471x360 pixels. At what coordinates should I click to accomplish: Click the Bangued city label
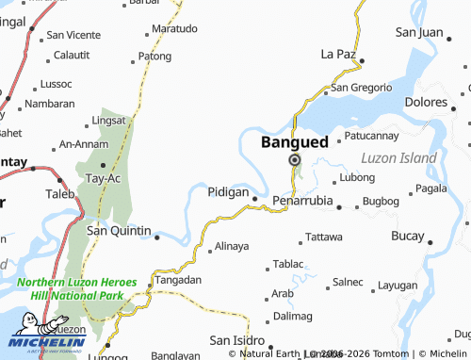[x=294, y=142]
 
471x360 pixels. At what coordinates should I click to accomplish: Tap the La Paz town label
[x=338, y=53]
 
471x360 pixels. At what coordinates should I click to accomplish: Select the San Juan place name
[x=418, y=32]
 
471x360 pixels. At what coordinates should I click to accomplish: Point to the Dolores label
[x=427, y=101]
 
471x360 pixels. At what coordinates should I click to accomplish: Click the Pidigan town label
[x=228, y=192]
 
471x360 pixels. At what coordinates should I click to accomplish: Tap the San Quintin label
[x=119, y=230]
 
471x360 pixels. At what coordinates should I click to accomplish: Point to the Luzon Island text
[x=400, y=157]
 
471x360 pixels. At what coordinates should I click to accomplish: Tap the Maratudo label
[x=175, y=29]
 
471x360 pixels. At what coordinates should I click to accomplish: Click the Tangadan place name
[x=178, y=280]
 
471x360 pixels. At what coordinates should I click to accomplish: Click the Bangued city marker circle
[x=295, y=161]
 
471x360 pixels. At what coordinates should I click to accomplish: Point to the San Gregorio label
[x=360, y=88]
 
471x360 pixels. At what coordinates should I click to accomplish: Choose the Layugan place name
[x=397, y=285]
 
